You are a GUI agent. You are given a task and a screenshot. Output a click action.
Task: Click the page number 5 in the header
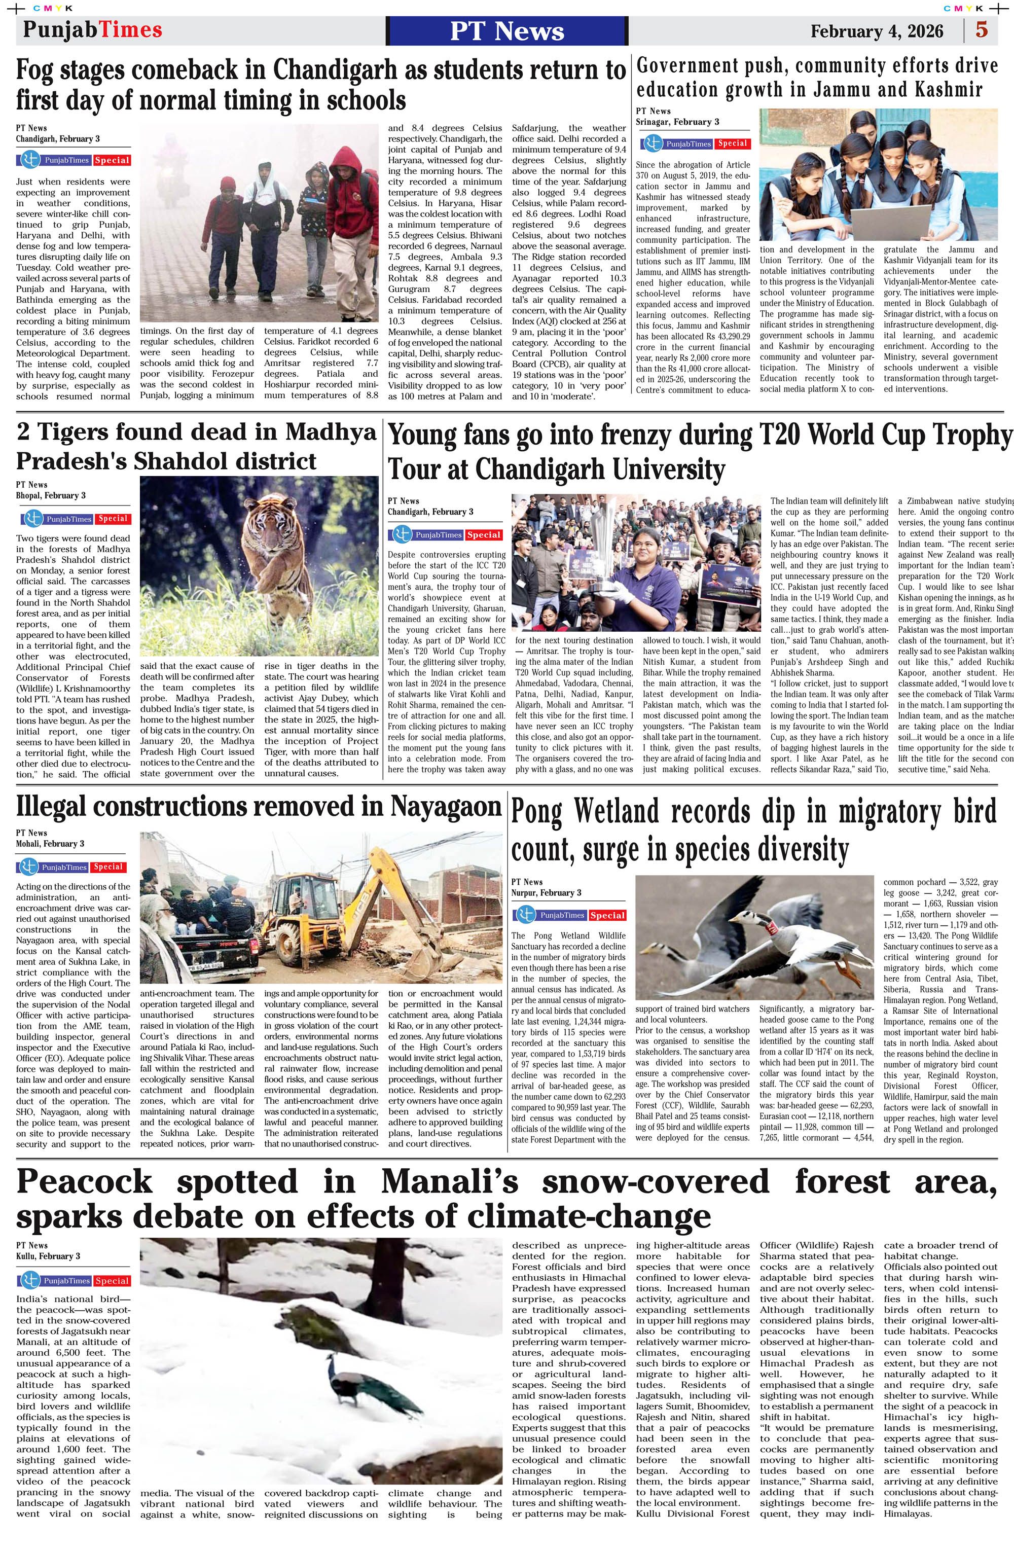point(982,30)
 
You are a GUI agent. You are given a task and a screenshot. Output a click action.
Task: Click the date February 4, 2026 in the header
point(877,31)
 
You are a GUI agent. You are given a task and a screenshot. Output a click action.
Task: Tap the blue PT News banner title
point(507,30)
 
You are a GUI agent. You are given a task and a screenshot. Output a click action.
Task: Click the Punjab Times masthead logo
point(93,29)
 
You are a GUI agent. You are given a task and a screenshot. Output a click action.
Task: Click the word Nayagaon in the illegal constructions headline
point(446,806)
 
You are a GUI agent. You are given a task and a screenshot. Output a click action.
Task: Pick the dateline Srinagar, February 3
point(678,122)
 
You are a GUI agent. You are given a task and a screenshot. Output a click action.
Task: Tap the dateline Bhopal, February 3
point(51,495)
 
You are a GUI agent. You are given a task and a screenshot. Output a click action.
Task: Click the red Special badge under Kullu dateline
point(112,1281)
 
